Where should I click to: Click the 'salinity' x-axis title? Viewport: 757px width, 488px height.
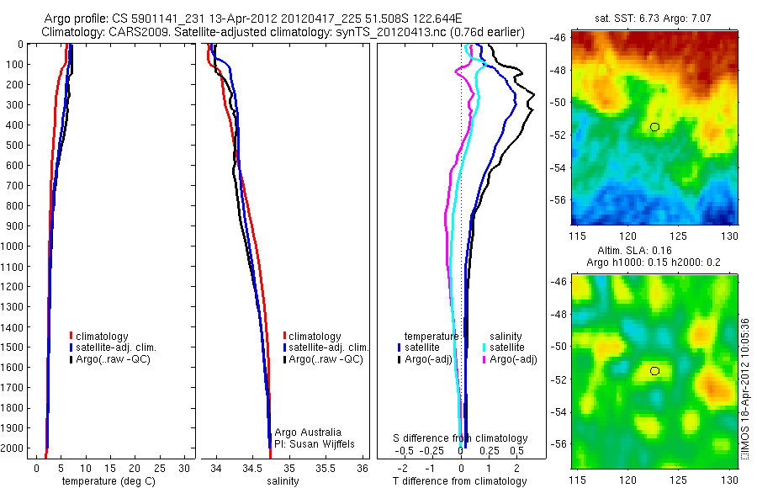[x=283, y=481]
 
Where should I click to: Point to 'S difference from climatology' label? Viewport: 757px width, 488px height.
[x=461, y=438]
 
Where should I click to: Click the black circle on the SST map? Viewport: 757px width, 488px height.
[x=655, y=127]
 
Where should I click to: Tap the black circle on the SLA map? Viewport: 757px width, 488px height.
[x=655, y=370]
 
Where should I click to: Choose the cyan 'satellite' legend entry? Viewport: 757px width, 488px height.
[x=506, y=347]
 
